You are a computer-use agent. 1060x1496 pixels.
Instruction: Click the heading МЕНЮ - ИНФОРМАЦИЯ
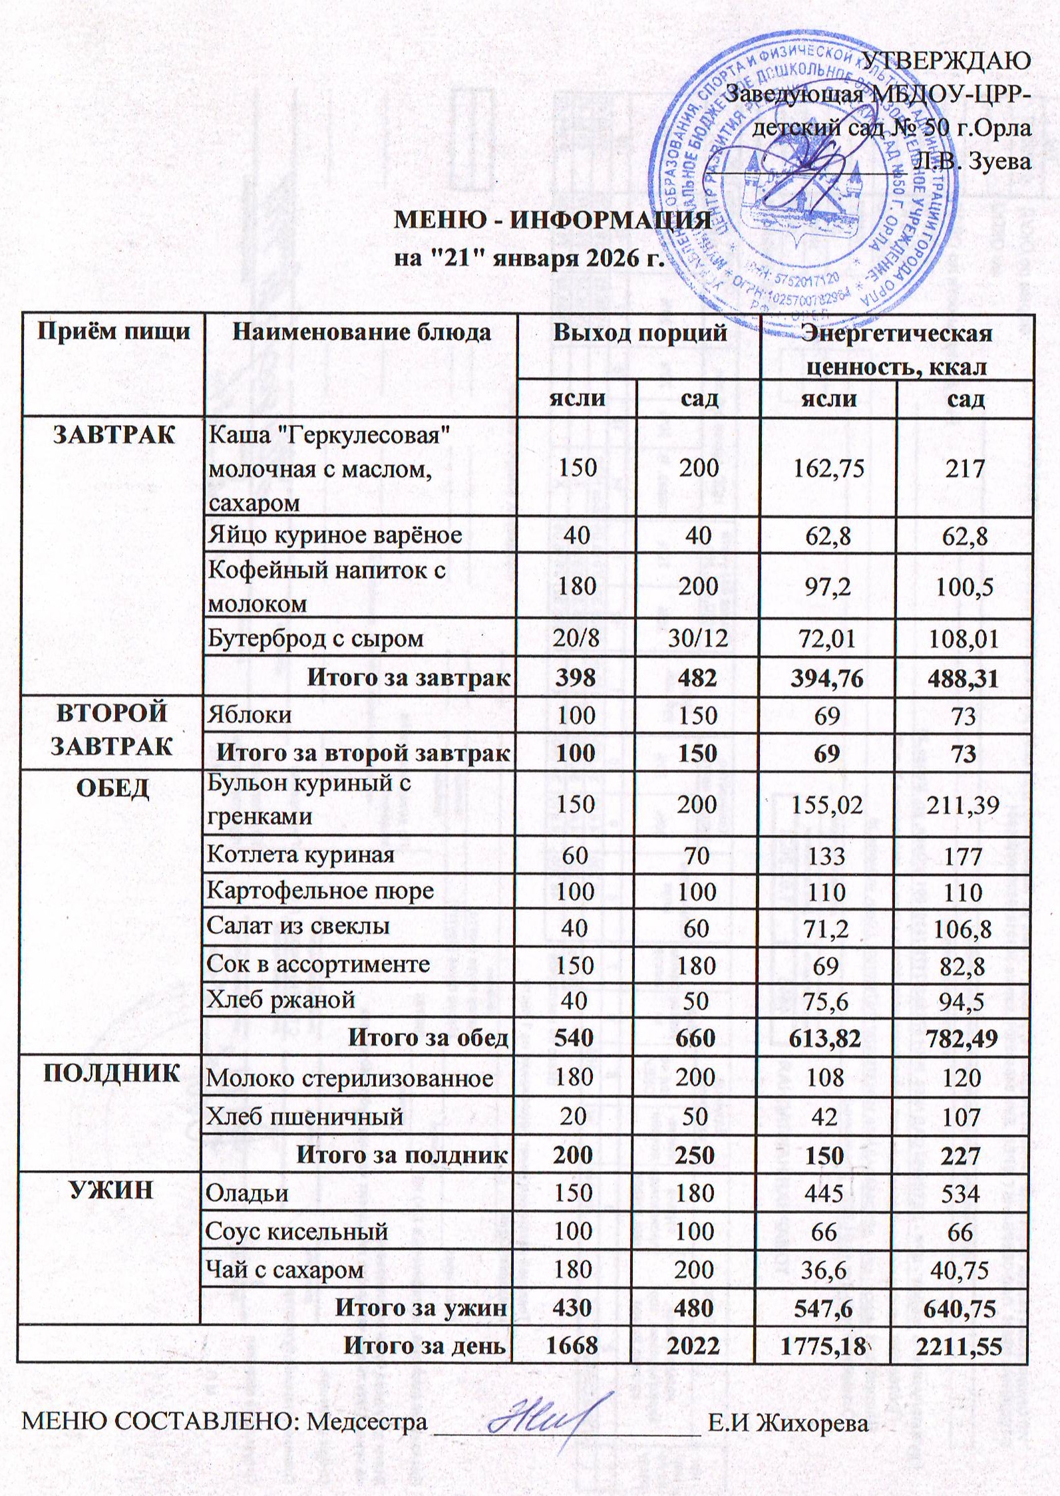coord(553,222)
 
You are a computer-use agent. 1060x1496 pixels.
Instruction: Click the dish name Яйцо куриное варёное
coord(335,535)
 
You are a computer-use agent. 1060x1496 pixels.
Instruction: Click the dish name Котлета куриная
coord(301,855)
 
